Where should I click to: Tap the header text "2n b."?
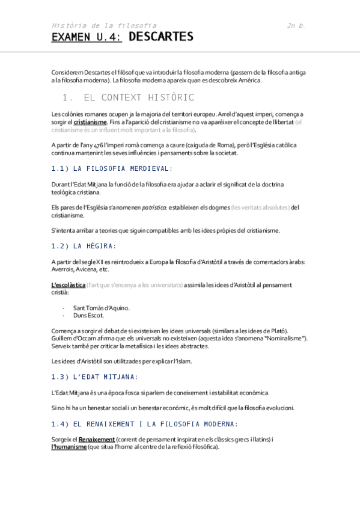tap(296, 25)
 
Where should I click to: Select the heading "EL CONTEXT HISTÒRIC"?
tap(139, 97)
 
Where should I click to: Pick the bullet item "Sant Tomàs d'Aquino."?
tap(102, 308)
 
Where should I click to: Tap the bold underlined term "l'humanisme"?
tap(69, 447)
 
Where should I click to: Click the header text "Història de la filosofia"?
tap(104, 25)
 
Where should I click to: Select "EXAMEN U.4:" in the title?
tap(86, 37)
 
